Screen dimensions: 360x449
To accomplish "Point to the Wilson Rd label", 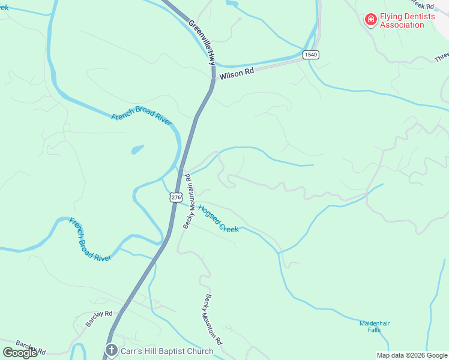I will (237, 73).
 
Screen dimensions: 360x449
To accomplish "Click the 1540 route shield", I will (310, 55).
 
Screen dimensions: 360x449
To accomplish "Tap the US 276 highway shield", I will (175, 197).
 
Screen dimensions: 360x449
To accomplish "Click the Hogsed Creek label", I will (218, 219).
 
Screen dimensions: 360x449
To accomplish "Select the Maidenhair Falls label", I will (375, 326).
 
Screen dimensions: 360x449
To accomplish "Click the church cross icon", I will (110, 350).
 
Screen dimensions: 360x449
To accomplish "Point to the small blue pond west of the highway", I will (137, 149).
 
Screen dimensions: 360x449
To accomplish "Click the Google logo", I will (20, 352).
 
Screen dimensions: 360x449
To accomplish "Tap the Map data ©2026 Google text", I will (412, 355).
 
